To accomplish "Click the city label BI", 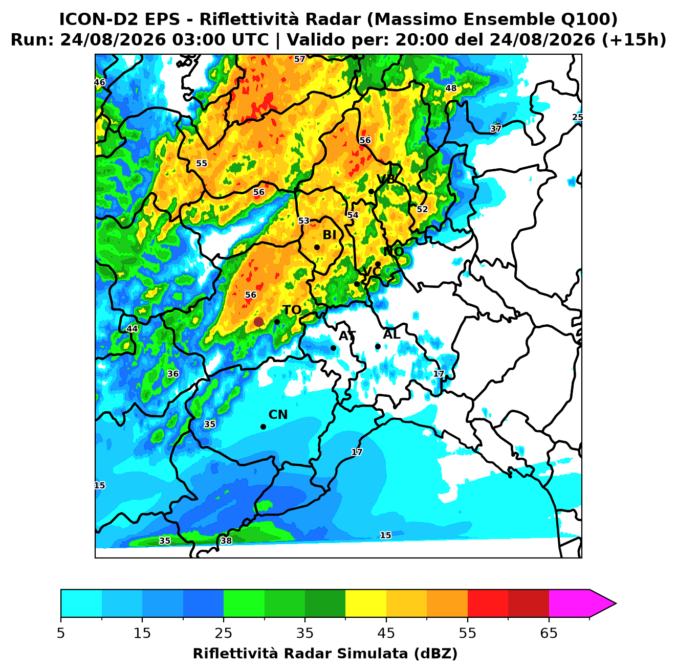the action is point(329,235).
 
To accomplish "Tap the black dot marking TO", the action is point(277,322).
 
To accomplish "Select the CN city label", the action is point(278,415).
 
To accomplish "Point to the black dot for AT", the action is point(333,348).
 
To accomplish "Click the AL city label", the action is point(391,334).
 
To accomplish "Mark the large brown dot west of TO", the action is point(258,322).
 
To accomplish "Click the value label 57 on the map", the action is point(299,59).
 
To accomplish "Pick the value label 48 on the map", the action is point(451,88).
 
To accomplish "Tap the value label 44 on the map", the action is point(132,329).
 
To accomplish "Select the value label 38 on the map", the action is point(226,541).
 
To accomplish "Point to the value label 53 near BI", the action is point(304,220).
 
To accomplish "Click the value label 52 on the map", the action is point(422,209).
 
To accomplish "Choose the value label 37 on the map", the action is point(495,128).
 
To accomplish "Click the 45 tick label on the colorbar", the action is point(386,633).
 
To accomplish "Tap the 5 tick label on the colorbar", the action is point(61,633).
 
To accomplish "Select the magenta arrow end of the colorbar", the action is point(602,604).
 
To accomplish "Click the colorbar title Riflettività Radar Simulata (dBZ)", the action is point(325,654).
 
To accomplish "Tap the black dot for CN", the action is point(263,427).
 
